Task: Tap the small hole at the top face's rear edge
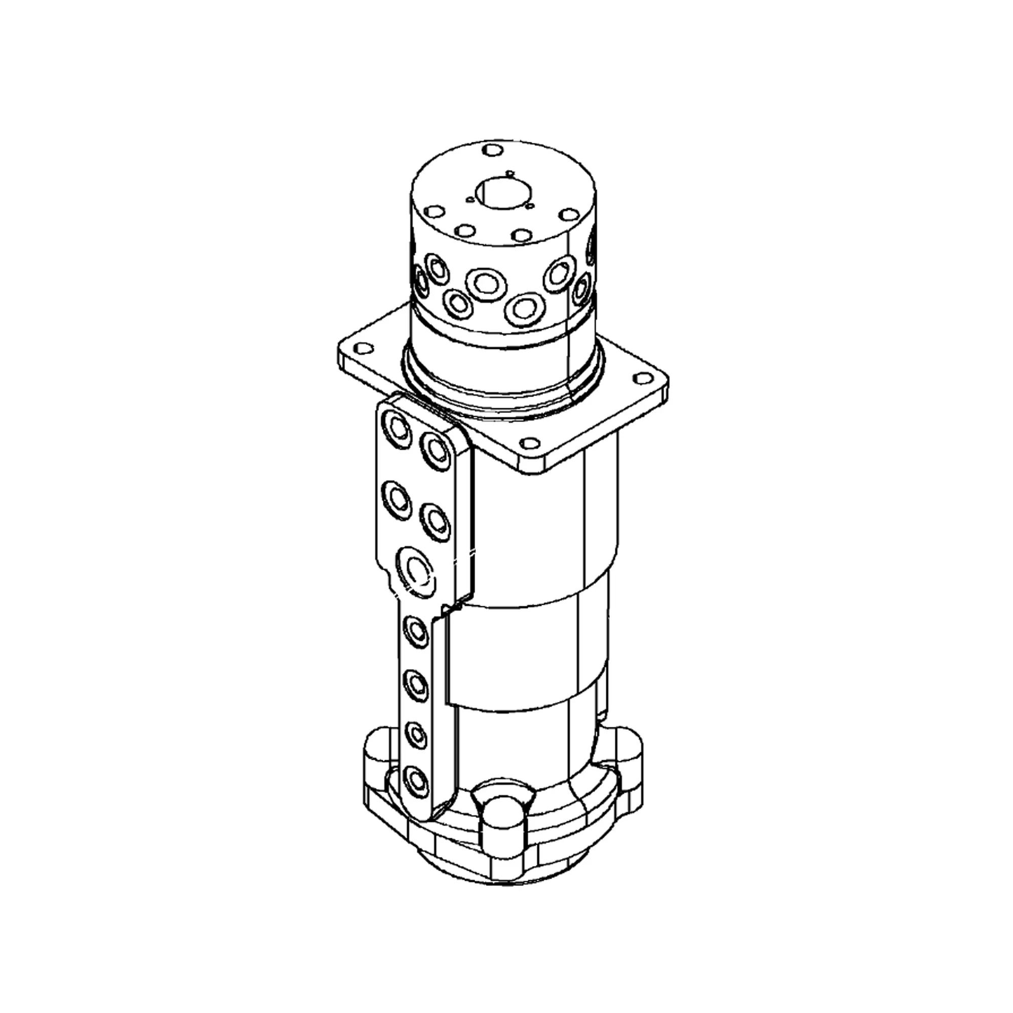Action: (492, 150)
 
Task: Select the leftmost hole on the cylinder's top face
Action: (434, 211)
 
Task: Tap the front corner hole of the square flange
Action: (531, 444)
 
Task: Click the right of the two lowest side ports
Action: (522, 309)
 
